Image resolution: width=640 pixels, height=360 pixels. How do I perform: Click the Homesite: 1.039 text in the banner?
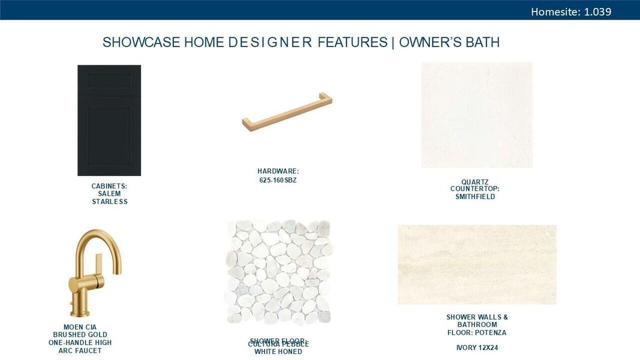coord(570,11)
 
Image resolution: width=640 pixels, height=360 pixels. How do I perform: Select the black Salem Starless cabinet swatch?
coord(109,120)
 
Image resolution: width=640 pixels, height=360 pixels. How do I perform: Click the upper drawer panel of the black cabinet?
coord(109,80)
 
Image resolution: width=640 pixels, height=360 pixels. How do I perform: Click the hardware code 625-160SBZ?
coord(278,180)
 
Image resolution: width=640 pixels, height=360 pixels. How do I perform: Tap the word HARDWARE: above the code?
coord(278,172)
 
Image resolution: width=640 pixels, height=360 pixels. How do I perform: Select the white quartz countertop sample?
coord(477,115)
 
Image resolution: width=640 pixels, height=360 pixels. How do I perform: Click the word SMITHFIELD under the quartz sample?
coord(475,197)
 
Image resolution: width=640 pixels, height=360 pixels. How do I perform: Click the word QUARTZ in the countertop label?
coord(475,182)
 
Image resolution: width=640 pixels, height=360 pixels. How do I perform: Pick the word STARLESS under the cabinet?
coord(110,202)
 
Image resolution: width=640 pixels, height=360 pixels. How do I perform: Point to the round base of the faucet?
coord(80,313)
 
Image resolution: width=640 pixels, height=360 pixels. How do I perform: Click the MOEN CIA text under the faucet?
coord(80,328)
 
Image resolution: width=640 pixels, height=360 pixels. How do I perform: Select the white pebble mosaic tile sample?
coord(278,272)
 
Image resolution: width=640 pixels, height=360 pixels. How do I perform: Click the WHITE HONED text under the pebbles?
coord(278,352)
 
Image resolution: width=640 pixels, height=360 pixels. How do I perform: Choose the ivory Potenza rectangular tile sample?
coord(477,265)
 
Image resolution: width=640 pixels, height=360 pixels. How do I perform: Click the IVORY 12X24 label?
coord(477,348)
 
